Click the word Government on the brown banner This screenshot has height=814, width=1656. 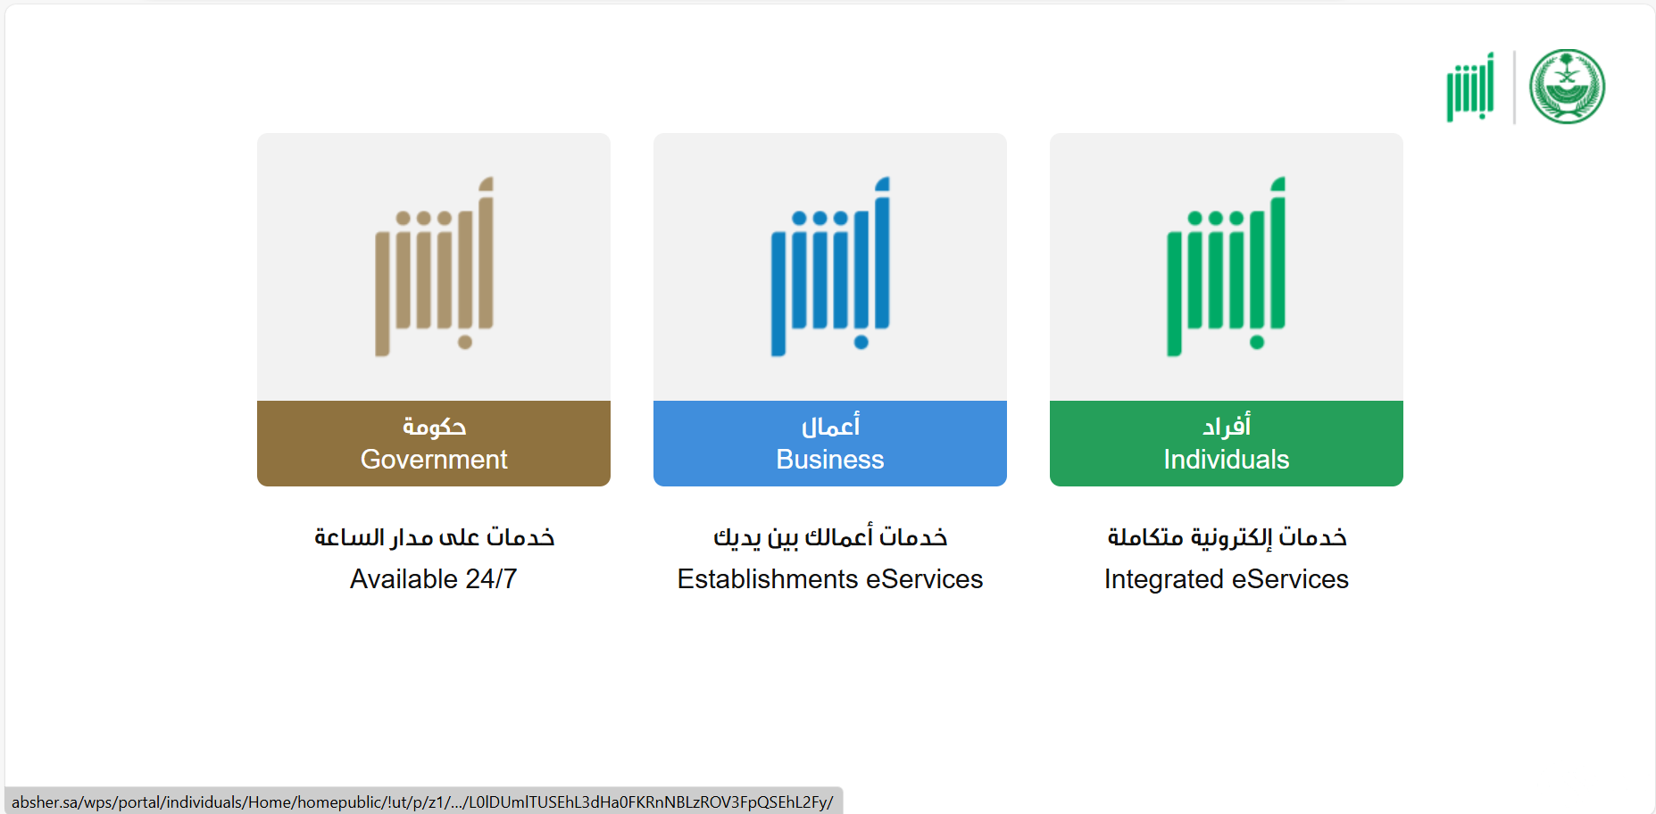point(434,459)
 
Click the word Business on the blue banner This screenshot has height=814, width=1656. point(830,459)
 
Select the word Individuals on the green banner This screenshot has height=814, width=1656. point(1227,459)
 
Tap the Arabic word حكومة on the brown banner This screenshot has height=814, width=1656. point(434,427)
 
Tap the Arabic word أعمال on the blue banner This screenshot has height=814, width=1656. point(830,426)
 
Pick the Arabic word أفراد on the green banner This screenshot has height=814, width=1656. point(1227,426)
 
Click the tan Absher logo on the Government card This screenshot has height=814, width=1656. point(434,266)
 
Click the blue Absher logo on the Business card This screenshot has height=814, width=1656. point(830,266)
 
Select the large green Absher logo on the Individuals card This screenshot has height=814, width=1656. point(1227,266)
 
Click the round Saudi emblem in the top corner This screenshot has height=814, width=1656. point(1567,87)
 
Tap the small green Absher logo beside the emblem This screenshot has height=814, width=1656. point(1470,87)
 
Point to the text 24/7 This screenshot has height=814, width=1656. point(491,579)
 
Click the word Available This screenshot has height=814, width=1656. point(404,579)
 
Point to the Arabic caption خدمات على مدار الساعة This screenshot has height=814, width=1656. point(434,536)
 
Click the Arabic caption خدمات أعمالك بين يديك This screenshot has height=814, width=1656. point(830,536)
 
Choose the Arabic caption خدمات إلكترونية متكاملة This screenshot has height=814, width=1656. point(1227,536)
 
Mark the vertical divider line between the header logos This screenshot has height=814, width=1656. point(1514,87)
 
